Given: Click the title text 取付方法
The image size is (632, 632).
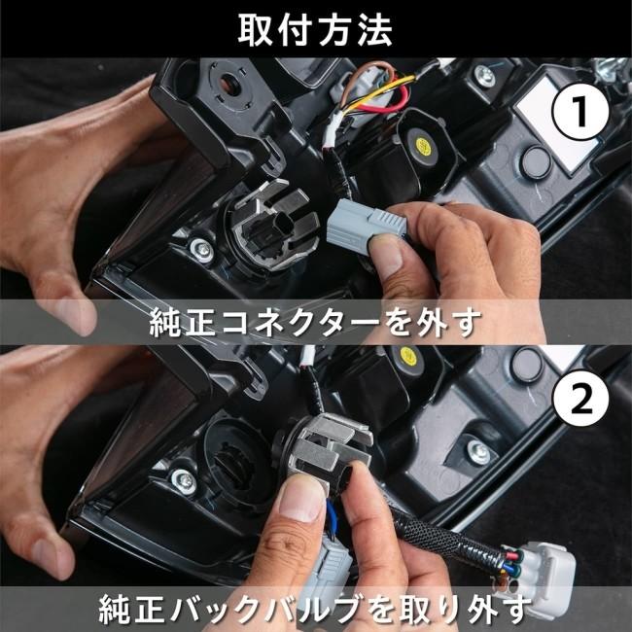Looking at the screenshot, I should click(315, 29).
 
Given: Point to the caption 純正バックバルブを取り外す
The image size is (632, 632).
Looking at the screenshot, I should click(315, 608).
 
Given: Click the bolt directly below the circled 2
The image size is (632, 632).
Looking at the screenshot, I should click(477, 450).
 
